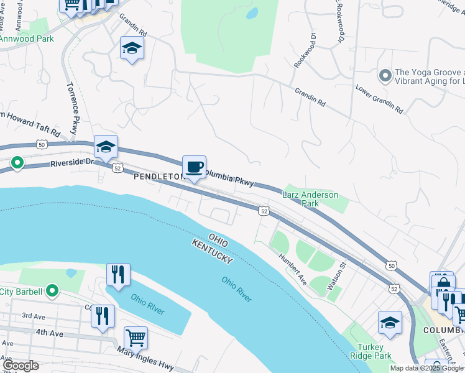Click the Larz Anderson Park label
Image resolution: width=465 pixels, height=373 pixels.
click(x=310, y=199)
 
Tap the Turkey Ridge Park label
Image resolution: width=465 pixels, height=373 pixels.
click(x=374, y=351)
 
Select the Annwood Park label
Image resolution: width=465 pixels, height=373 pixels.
click(x=27, y=39)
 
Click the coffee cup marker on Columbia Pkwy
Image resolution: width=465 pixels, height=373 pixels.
click(x=194, y=167)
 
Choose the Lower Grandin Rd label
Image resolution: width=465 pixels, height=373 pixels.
click(x=379, y=100)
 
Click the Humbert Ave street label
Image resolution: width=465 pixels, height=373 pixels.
click(x=292, y=269)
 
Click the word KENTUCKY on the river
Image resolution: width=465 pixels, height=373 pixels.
click(x=212, y=251)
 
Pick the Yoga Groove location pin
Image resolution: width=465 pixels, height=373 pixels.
click(x=385, y=76)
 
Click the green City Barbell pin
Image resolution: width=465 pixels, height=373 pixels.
click(x=52, y=291)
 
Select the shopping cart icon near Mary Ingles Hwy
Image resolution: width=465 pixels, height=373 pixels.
click(x=136, y=338)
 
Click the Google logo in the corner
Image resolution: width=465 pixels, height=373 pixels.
click(x=21, y=366)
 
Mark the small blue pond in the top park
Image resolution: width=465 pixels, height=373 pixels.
click(x=252, y=12)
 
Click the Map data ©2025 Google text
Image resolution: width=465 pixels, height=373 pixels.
click(x=426, y=368)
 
